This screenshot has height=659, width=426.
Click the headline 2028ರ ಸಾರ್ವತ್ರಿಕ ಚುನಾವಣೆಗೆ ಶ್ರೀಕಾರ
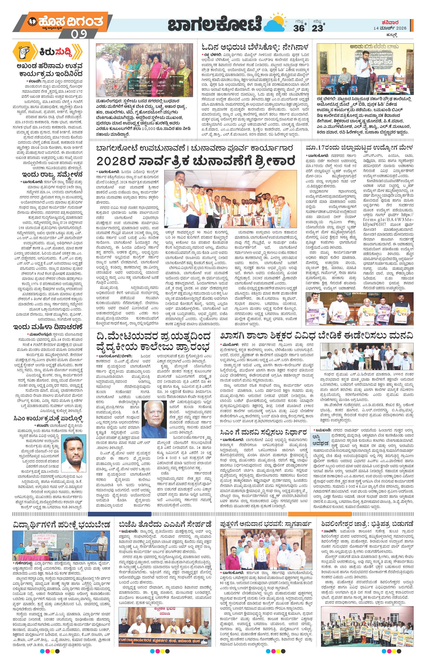point(195,161)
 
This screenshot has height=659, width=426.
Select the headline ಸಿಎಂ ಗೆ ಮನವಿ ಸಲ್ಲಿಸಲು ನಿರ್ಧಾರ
point(263,432)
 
